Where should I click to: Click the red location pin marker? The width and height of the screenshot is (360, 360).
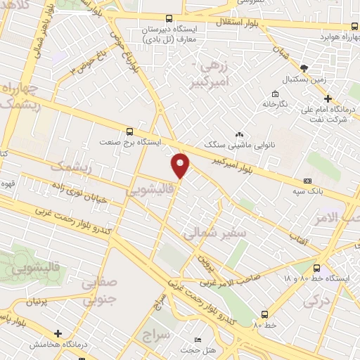click(x=181, y=165)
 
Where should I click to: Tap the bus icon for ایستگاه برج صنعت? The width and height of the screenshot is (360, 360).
click(x=129, y=131)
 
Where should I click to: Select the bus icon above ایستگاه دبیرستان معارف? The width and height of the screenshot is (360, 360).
click(x=168, y=19)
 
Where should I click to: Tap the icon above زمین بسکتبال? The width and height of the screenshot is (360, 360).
click(x=304, y=67)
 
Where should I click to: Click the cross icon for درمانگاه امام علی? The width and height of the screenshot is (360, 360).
click(x=328, y=98)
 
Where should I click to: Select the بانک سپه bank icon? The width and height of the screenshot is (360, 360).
click(x=307, y=180)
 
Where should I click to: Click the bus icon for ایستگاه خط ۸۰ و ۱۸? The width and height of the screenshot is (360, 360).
click(x=316, y=268)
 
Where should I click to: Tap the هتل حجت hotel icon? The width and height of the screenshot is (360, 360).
click(x=198, y=340)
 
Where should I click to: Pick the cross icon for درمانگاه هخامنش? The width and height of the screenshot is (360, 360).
click(x=58, y=333)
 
